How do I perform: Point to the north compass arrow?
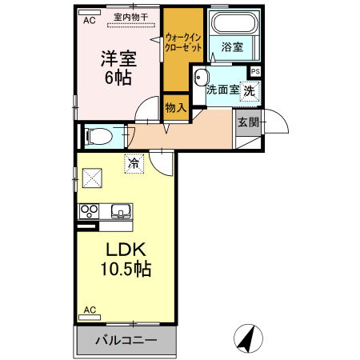(x=247, y=338)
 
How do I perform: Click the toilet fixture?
(x=98, y=135)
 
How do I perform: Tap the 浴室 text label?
(x=233, y=47)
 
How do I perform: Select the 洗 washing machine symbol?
(x=250, y=90)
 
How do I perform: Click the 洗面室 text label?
(x=221, y=90)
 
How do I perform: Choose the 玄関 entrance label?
(x=247, y=122)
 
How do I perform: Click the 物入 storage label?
(x=175, y=106)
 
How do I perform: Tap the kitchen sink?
(x=122, y=212)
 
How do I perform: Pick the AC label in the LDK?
(x=90, y=310)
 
